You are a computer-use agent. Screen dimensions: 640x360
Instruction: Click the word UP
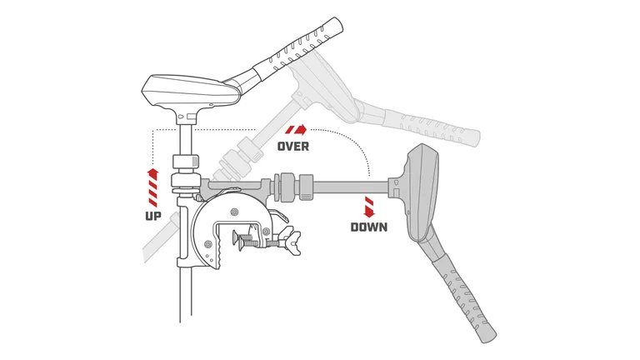(153, 216)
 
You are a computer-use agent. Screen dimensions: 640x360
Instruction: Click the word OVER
(293, 146)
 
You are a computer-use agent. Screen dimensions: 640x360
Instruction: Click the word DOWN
(369, 227)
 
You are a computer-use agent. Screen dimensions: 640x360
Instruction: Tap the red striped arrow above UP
(152, 187)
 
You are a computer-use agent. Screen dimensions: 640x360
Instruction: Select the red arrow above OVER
(296, 130)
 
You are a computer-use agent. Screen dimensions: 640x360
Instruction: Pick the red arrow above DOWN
(369, 207)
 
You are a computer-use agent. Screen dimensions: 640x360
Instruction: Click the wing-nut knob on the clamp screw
(293, 241)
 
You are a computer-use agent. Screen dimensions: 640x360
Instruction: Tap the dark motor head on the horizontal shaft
(421, 192)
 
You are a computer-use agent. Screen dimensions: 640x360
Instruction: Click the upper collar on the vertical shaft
(185, 161)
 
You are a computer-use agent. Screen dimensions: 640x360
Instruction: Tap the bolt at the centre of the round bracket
(234, 212)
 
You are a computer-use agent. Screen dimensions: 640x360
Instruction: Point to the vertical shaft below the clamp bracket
(186, 295)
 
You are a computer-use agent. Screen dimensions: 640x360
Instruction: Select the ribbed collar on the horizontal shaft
(307, 187)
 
